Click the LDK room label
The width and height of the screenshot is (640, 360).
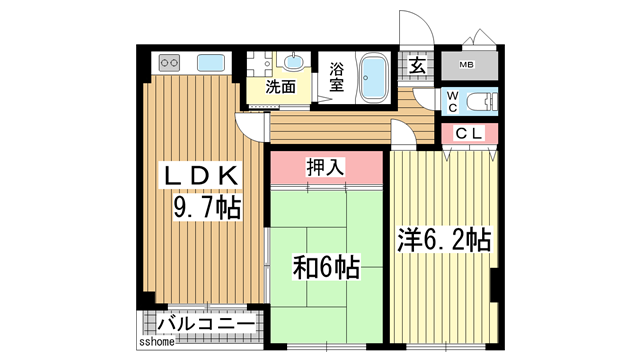pos(204,176)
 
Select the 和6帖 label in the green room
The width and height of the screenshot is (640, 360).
pos(327,267)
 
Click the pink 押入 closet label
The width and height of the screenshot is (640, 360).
pos(326,166)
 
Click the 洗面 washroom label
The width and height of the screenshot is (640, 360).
pos(280,87)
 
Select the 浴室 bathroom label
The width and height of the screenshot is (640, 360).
pos(336,76)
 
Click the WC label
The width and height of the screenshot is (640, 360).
pos(451,101)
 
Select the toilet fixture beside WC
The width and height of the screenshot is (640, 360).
pos(482,100)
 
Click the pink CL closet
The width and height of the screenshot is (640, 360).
pos(470,134)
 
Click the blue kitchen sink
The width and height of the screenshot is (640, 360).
pos(211,63)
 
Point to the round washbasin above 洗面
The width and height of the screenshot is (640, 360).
pos(295,59)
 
